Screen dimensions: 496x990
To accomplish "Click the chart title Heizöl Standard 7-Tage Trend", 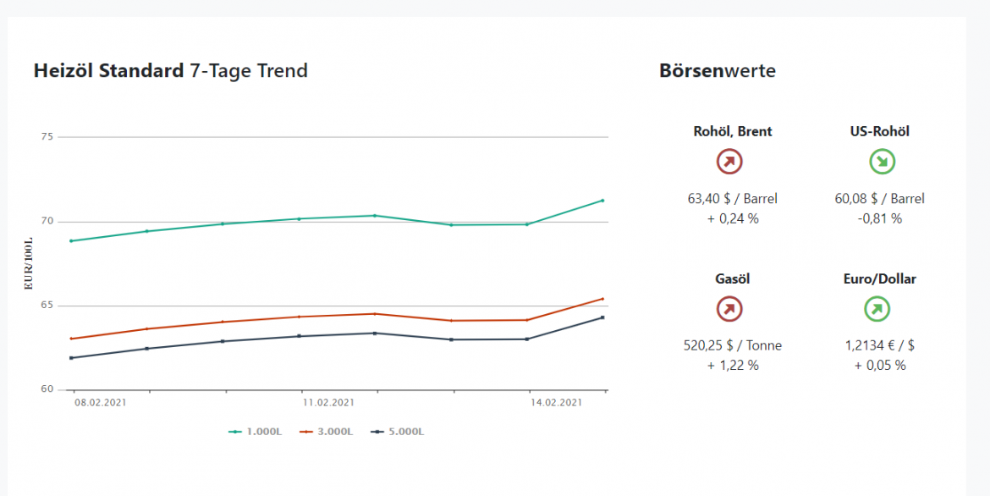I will [x=170, y=71].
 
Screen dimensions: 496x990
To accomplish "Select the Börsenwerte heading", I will [x=717, y=71].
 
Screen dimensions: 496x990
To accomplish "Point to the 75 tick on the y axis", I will [x=47, y=136].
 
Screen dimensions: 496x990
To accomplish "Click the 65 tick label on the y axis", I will [x=47, y=306].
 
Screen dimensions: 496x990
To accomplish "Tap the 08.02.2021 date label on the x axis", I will [x=100, y=403].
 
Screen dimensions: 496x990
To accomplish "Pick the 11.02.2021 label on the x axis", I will [x=328, y=403].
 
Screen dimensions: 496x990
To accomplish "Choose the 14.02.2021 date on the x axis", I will [x=555, y=403].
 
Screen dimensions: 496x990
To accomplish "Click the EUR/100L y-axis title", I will [x=30, y=264].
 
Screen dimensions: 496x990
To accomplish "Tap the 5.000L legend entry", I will [x=398, y=432].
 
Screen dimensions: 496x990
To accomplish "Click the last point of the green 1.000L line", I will [x=602, y=201].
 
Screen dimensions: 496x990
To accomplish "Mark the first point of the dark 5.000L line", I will [x=72, y=358].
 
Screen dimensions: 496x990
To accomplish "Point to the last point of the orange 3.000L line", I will [x=602, y=299].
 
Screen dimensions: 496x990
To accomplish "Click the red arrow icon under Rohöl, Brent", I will [x=729, y=162].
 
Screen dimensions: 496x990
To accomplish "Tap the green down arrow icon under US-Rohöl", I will [x=883, y=162].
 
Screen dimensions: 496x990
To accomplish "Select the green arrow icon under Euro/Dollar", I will [x=877, y=309].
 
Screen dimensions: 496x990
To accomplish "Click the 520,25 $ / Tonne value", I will [x=733, y=345].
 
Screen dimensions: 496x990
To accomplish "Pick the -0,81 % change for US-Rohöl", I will [x=880, y=218].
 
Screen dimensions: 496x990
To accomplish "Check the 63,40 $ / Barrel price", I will [x=733, y=199].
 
